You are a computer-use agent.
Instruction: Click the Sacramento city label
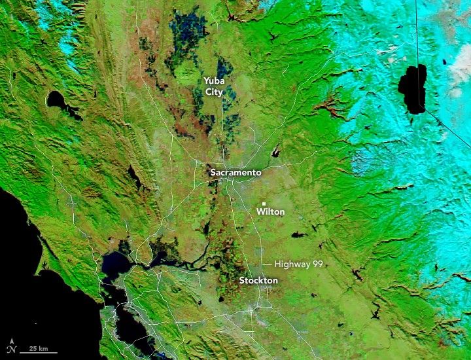pyautogui.click(x=235, y=173)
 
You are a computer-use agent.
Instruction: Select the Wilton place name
pyautogui.click(x=270, y=212)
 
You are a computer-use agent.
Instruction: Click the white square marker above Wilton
pyautogui.click(x=264, y=203)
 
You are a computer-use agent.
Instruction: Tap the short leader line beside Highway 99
pyautogui.click(x=268, y=264)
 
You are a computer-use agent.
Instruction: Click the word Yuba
pyautogui.click(x=214, y=81)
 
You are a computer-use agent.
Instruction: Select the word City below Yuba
pyautogui.click(x=214, y=92)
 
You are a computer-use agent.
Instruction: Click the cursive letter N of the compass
pyautogui.click(x=12, y=349)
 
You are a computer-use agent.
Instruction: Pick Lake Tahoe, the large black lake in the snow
pyautogui.click(x=413, y=88)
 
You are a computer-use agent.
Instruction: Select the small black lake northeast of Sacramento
pyautogui.click(x=277, y=153)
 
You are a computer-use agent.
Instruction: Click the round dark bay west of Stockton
pyautogui.click(x=114, y=265)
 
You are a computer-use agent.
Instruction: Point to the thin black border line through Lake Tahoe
pyautogui.click(x=417, y=39)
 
